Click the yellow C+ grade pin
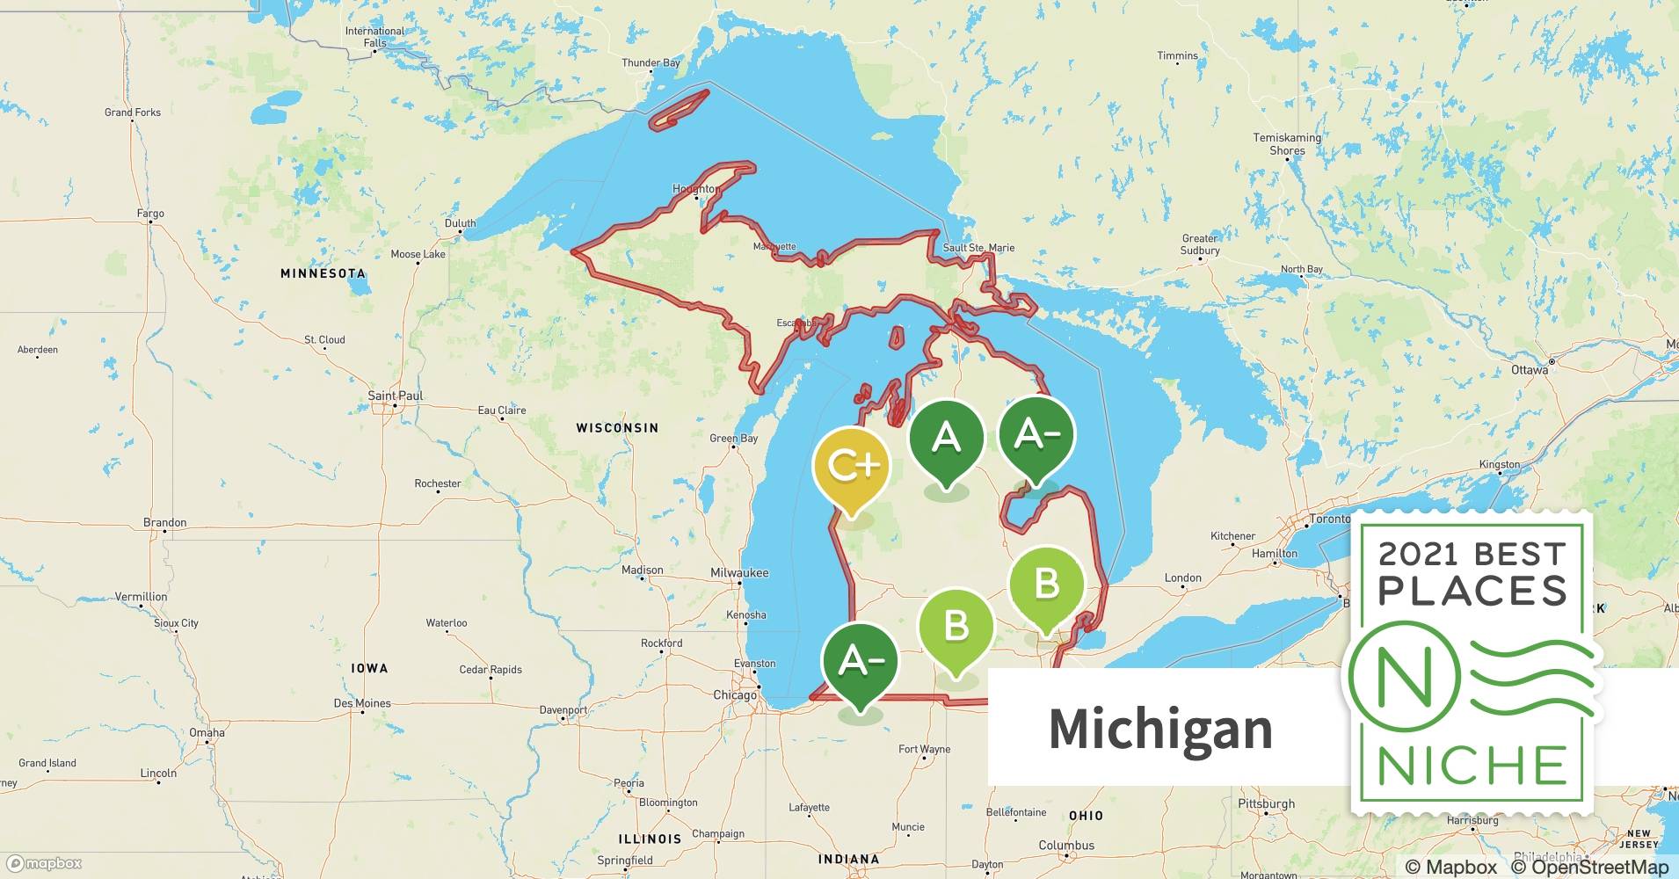(850, 466)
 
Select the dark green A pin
(946, 438)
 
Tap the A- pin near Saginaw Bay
(1036, 435)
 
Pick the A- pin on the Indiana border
(861, 662)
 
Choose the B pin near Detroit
(1046, 585)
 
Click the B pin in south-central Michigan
(956, 627)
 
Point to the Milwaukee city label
(739, 573)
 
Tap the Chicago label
(735, 695)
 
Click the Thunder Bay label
(651, 63)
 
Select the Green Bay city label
(733, 439)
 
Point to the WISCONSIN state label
(617, 428)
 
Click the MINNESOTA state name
(323, 273)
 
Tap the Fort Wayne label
(924, 750)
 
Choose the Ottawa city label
(1530, 370)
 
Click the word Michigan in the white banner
(1160, 729)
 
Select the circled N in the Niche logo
(1404, 676)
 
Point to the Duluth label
(460, 223)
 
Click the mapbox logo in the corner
(44, 863)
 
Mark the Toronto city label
(1329, 519)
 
